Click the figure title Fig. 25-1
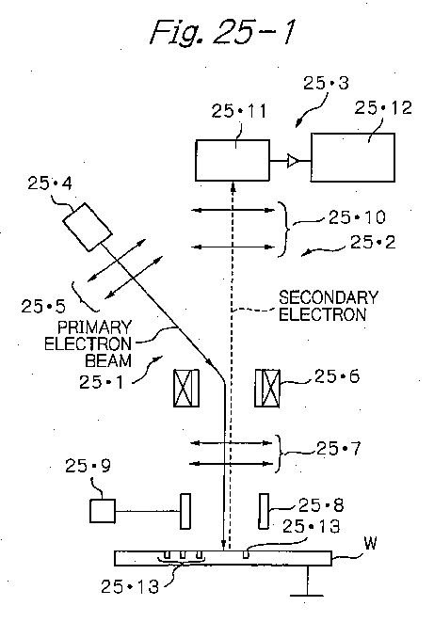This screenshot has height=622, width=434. (223, 33)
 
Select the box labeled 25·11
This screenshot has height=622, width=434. (233, 160)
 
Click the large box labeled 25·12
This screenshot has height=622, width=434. (352, 157)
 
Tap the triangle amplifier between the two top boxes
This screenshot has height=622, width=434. (293, 161)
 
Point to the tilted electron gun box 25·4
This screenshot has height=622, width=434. (88, 227)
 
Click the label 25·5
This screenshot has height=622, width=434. (43, 306)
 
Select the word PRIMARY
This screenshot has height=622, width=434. (94, 327)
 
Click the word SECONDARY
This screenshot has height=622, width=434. (329, 297)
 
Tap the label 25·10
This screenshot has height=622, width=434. (357, 217)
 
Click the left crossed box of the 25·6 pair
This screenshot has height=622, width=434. (186, 388)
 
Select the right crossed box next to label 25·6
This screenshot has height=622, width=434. (267, 388)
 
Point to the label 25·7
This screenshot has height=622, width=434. (338, 449)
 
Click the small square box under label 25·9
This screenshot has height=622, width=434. (103, 511)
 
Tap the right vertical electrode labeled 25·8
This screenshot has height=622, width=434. (264, 511)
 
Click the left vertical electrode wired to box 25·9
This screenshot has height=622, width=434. (185, 511)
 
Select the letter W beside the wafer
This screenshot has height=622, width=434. (370, 543)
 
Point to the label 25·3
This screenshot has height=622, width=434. (326, 83)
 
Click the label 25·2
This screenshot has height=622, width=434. (373, 242)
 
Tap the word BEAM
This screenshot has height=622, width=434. (108, 360)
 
